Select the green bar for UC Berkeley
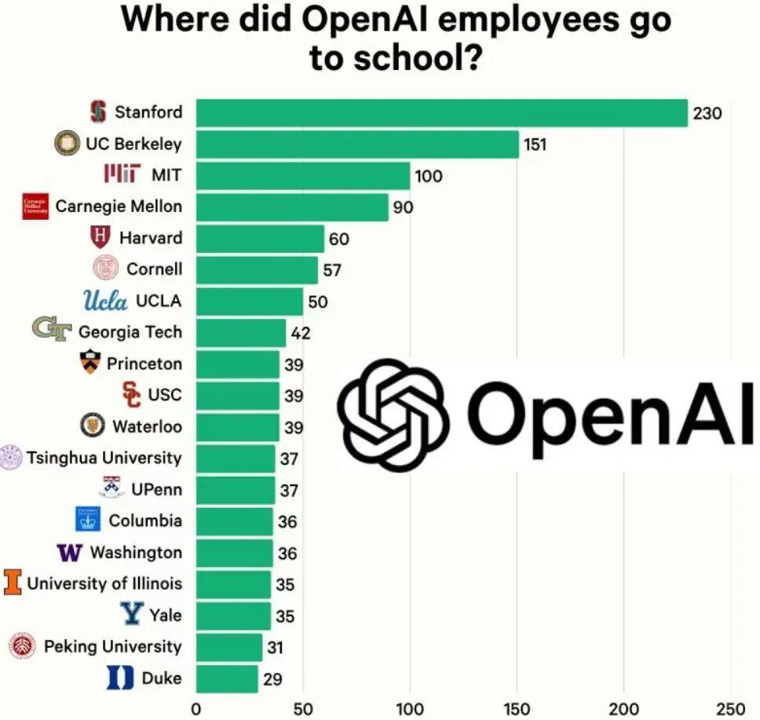pos(357,144)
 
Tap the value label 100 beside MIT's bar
pos(429,176)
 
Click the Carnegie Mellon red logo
pos(35,206)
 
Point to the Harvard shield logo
pos(100,237)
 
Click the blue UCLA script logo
pos(105,301)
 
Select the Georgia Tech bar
pos(241,333)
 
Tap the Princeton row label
pos(144,364)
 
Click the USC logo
pos(133,394)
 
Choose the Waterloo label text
pos(147,426)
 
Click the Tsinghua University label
pos(104,458)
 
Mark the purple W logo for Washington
pos(70,552)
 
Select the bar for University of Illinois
pos(233,584)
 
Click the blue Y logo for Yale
pos(132,614)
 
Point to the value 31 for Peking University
pos(274,648)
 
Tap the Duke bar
pos(227,678)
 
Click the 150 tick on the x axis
pos(517,708)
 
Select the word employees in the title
pos(516,20)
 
